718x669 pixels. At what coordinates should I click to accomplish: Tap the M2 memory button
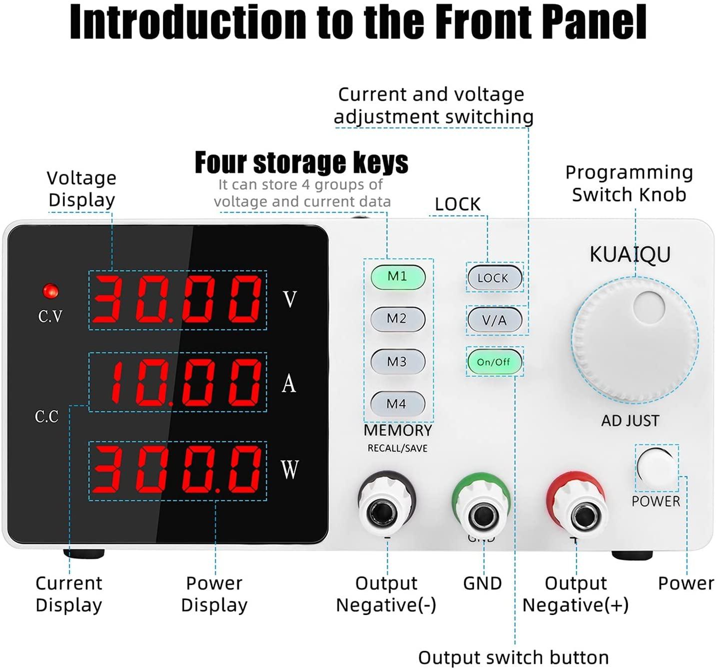click(x=398, y=319)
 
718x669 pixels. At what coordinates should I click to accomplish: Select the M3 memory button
click(x=397, y=361)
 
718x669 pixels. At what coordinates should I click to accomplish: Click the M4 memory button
click(x=397, y=404)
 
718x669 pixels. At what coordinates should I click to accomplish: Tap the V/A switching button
click(x=495, y=320)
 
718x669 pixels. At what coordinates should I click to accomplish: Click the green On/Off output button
click(x=494, y=362)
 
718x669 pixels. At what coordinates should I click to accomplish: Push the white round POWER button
click(x=656, y=468)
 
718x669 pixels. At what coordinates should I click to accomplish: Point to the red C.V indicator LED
click(x=50, y=291)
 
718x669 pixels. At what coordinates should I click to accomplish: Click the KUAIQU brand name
click(x=630, y=255)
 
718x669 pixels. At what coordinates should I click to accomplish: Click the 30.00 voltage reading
click(x=177, y=300)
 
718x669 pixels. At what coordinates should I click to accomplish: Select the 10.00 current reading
click(x=185, y=383)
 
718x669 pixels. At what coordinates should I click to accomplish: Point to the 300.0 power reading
click(x=177, y=470)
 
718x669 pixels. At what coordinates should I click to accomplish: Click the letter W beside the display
click(x=290, y=469)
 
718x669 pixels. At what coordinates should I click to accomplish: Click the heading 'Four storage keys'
click(x=301, y=163)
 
